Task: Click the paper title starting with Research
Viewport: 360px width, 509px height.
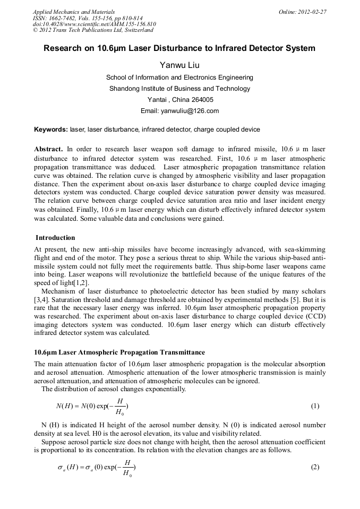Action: tap(179, 48)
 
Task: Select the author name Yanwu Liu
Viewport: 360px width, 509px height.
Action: tap(179, 65)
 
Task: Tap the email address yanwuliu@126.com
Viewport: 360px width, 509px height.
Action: tap(179, 111)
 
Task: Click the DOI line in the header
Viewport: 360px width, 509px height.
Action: tap(94, 24)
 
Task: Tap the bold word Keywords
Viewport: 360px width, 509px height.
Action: tap(50, 129)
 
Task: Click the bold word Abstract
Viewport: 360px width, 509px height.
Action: tap(48, 149)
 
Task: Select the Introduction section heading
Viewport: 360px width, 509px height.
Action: tap(55, 238)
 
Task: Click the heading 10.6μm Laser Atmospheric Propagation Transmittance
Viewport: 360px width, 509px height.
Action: tap(119, 352)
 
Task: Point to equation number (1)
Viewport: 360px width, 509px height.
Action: tap(315, 407)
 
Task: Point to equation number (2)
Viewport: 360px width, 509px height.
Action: tap(315, 467)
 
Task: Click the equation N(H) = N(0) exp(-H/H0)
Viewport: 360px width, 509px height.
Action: tap(92, 407)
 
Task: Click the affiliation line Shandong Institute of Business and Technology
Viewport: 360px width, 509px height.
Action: tap(179, 89)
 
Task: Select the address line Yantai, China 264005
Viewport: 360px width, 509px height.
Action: tap(179, 100)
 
